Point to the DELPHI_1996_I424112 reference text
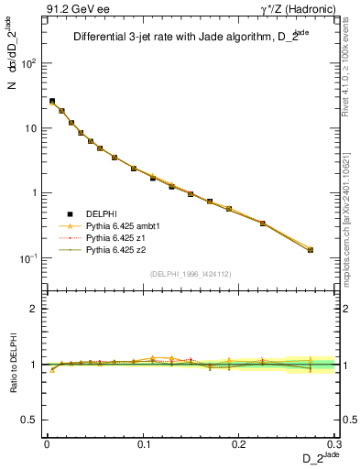(x=190, y=272)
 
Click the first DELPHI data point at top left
(x=52, y=102)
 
